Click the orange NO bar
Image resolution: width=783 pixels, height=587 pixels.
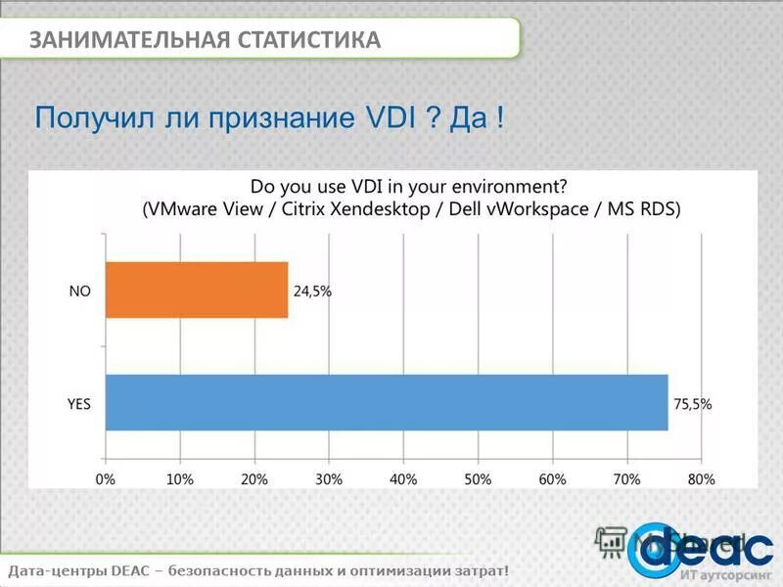tap(196, 290)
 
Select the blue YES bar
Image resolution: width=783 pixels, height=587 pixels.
tap(386, 402)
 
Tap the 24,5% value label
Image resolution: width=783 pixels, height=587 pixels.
tap(312, 291)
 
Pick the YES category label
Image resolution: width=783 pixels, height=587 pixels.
tap(78, 403)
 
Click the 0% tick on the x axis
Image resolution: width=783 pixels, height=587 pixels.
tap(105, 479)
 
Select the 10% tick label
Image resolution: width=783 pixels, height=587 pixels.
tap(179, 479)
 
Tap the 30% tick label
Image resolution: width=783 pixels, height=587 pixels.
tap(328, 479)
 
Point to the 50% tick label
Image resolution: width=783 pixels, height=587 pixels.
tap(478, 479)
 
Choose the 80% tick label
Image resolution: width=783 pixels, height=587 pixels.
tap(701, 479)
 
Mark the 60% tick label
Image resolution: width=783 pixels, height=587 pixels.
tap(552, 479)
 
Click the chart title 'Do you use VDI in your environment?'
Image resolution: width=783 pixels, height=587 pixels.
tap(409, 186)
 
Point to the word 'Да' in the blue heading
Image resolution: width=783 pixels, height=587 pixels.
tap(469, 118)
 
